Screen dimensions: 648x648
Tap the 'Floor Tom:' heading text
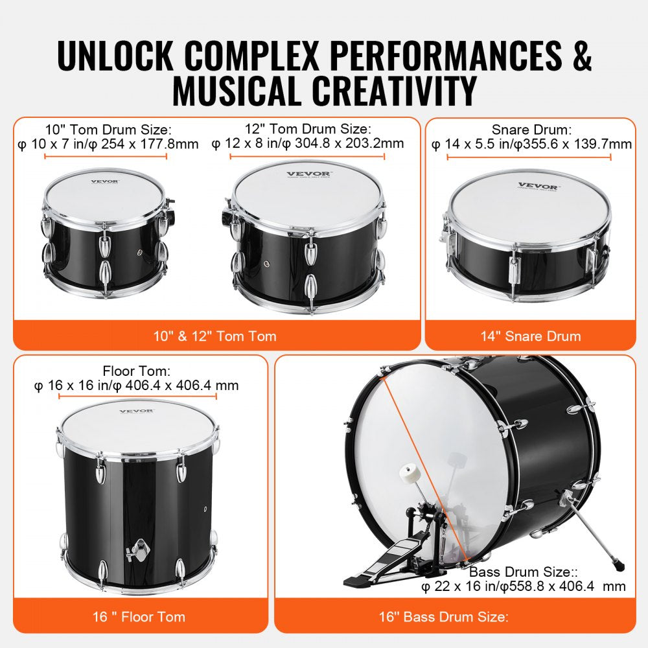coord(136,371)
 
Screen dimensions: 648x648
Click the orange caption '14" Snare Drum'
coord(530,336)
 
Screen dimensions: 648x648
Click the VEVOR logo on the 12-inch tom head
coord(309,174)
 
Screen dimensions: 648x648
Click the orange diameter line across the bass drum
coord(428,467)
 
